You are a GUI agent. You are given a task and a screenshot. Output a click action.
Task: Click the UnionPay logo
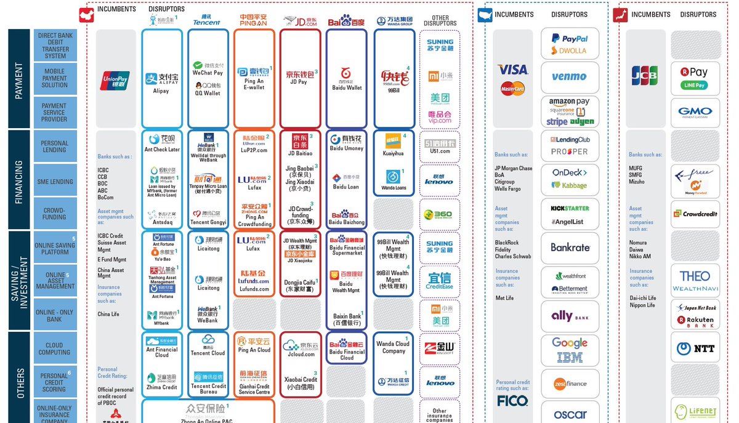click(115, 81)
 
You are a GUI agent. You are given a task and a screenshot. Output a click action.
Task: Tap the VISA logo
click(512, 70)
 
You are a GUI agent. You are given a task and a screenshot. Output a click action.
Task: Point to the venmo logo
click(569, 77)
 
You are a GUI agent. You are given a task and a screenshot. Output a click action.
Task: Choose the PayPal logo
click(570, 38)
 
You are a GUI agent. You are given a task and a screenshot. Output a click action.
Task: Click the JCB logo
click(644, 75)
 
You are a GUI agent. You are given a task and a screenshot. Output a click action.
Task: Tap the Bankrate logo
click(570, 248)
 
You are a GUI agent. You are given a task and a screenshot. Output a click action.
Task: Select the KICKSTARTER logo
click(570, 208)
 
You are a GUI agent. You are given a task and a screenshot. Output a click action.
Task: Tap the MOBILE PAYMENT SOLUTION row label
click(55, 78)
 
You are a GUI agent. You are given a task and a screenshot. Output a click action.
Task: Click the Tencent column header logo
click(206, 21)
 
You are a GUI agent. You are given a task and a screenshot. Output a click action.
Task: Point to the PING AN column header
click(254, 20)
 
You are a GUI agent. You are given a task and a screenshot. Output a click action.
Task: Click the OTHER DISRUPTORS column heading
click(440, 21)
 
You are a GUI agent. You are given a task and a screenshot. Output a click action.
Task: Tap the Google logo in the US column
click(570, 343)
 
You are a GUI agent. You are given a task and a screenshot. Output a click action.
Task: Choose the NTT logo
click(695, 348)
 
